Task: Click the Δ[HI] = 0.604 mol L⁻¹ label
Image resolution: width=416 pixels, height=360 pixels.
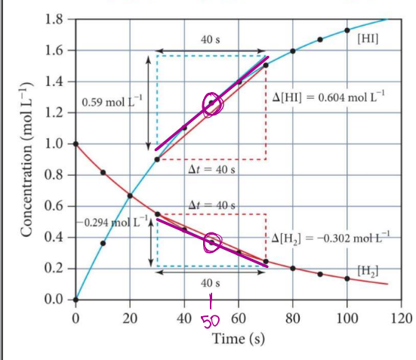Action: [x=328, y=100]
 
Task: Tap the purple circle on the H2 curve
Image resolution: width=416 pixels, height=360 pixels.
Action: [x=212, y=242]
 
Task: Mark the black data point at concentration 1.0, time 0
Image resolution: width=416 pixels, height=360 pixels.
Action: [x=75, y=143]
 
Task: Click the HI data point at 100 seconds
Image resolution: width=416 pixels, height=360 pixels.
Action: [x=347, y=30]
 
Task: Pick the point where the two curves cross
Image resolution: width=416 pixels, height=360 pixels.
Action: [x=130, y=196]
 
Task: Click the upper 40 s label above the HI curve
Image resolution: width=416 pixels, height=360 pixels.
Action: [x=211, y=38]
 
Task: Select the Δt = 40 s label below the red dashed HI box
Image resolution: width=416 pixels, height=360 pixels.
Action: [x=211, y=170]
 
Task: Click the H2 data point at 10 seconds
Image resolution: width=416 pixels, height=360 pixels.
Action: [x=103, y=173]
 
